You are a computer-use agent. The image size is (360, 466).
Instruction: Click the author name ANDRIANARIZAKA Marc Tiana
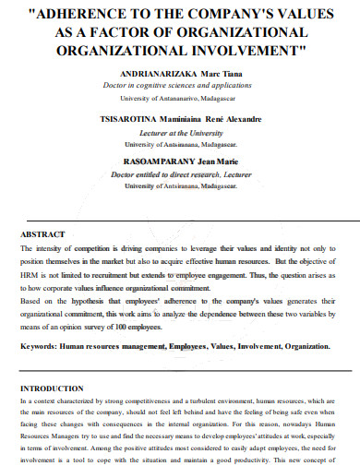click(180, 71)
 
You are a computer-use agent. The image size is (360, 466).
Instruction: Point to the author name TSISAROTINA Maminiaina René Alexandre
click(180, 119)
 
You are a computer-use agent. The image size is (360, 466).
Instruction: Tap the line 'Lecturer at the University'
click(180, 132)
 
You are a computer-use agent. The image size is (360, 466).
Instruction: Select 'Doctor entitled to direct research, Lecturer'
click(180, 174)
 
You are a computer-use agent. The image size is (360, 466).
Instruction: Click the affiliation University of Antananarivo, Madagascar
click(180, 96)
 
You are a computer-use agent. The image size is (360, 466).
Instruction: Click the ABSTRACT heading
click(42, 235)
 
